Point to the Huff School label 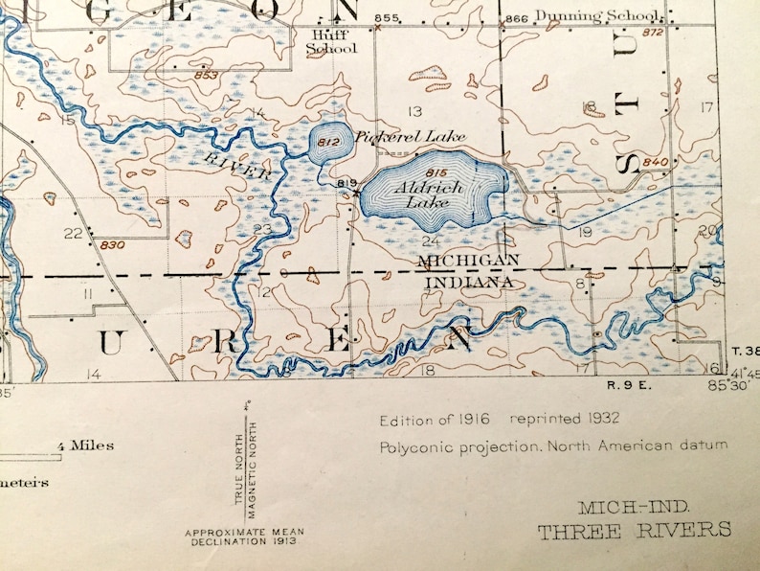click(330, 42)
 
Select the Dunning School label click(597, 16)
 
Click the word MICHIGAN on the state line click(469, 261)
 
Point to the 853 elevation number click(205, 75)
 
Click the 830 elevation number click(112, 245)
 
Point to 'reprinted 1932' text click(565, 419)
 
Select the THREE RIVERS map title click(634, 530)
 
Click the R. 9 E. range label click(627, 385)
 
